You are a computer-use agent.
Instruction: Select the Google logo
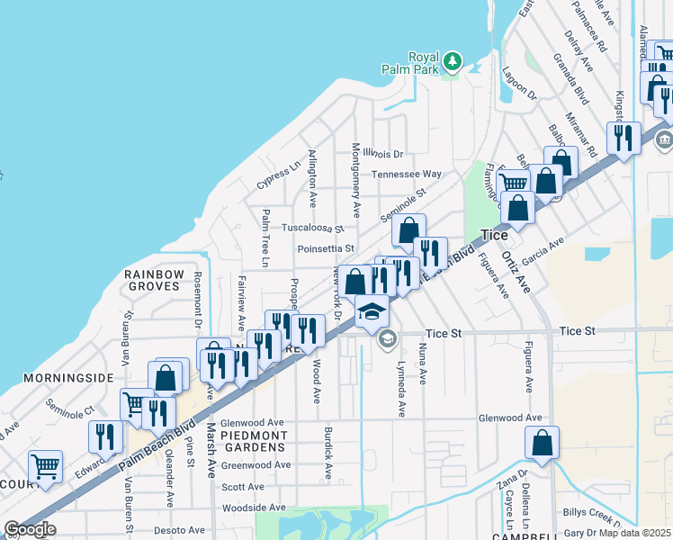pyautogui.click(x=30, y=529)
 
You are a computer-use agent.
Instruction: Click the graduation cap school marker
pyautogui.click(x=371, y=310)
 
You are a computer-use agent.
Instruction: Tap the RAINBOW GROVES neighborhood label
pyautogui.click(x=154, y=280)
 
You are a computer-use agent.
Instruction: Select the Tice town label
pyautogui.click(x=494, y=235)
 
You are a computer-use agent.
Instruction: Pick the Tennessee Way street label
pyautogui.click(x=407, y=174)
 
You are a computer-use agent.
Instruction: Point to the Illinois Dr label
pyautogui.click(x=384, y=154)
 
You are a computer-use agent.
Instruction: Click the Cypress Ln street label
pyautogui.click(x=278, y=175)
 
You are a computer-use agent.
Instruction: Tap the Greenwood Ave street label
pyautogui.click(x=256, y=465)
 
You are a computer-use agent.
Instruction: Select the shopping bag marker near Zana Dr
pyautogui.click(x=542, y=443)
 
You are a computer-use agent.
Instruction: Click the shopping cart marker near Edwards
pyautogui.click(x=45, y=466)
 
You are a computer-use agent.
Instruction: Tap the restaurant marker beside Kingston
pyautogui.click(x=624, y=138)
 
